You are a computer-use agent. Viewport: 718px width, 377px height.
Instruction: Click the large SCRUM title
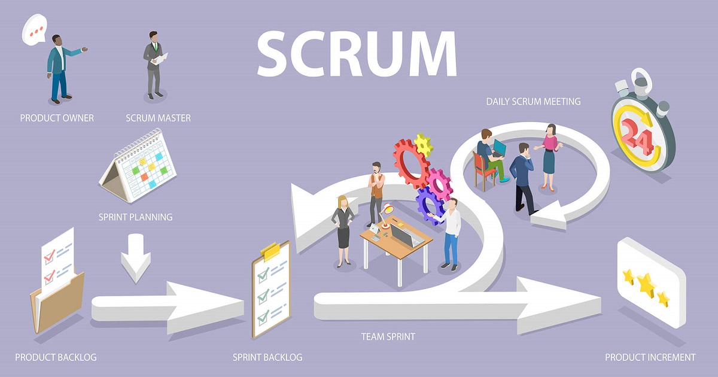tap(357, 53)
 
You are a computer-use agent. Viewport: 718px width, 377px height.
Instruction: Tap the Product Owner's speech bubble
tap(34, 29)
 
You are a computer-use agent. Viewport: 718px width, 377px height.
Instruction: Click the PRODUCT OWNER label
tap(57, 118)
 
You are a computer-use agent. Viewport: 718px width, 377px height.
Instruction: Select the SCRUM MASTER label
tap(158, 118)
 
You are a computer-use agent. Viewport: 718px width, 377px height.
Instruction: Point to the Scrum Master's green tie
tap(156, 47)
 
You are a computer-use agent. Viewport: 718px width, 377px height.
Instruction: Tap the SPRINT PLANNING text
tap(135, 217)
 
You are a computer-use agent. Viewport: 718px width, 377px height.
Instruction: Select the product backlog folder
tap(57, 282)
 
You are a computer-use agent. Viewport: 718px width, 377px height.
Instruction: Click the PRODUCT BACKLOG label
tap(56, 357)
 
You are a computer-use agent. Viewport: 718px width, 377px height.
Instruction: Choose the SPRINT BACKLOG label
tap(267, 357)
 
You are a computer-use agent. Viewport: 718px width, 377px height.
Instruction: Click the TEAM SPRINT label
tap(388, 336)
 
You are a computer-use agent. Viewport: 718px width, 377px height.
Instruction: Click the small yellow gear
tap(423, 145)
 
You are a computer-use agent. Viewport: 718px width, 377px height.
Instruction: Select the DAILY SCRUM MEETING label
tap(533, 102)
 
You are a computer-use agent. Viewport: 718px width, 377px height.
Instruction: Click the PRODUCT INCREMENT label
tap(650, 357)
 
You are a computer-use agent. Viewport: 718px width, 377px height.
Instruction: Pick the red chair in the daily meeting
tap(483, 171)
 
